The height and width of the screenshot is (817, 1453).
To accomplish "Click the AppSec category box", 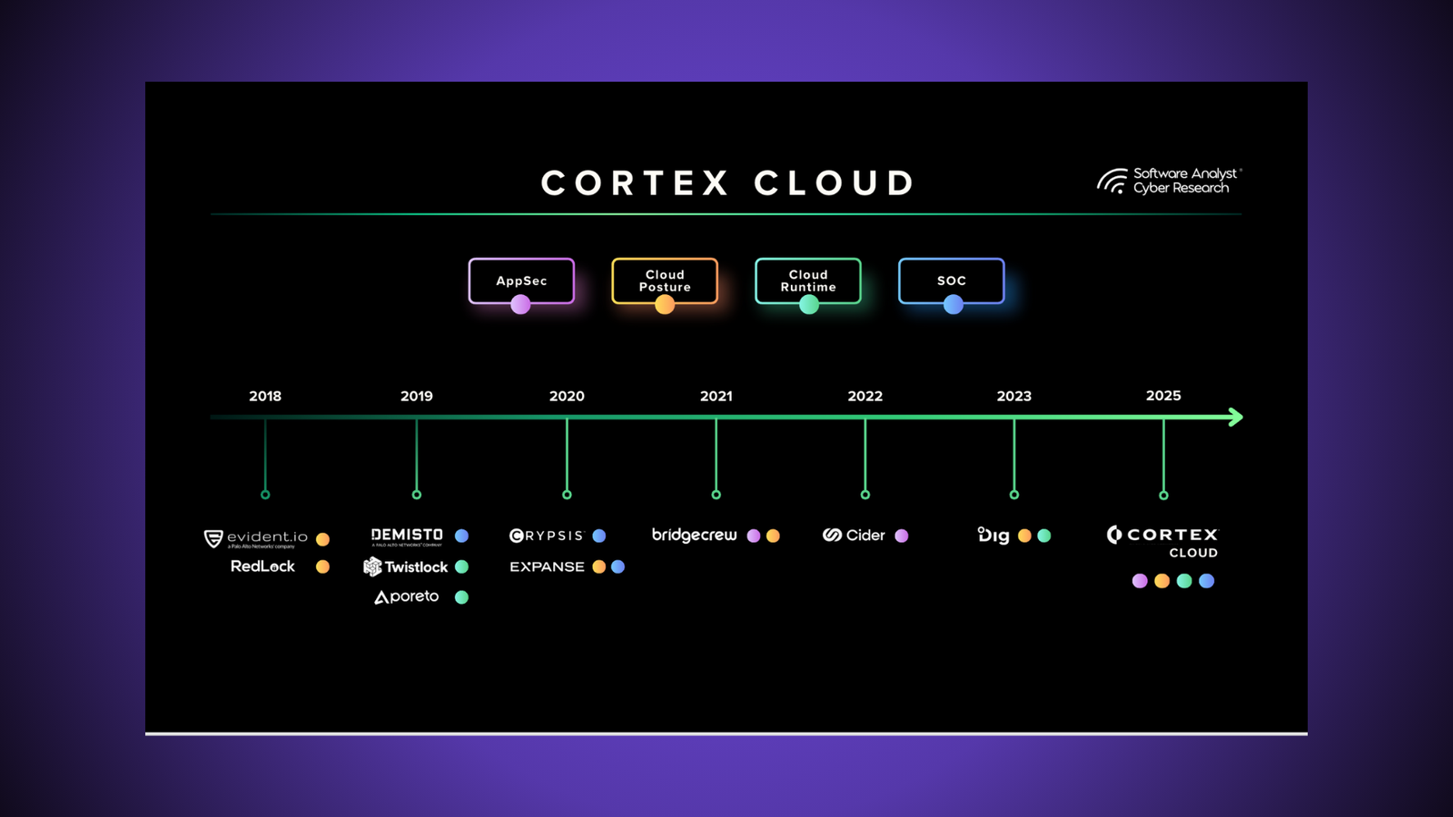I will pyautogui.click(x=521, y=281).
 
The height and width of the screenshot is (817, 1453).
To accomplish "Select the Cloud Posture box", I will pyautogui.click(x=665, y=281).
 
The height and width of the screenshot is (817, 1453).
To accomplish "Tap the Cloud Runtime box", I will pyautogui.click(x=808, y=281).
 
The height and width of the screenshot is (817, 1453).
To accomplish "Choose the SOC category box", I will pyautogui.click(x=951, y=281).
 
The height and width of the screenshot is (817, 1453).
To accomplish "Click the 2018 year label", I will pyautogui.click(x=265, y=396).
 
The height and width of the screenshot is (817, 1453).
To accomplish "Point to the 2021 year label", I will pyautogui.click(x=716, y=396).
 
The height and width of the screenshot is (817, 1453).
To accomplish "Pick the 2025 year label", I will pyautogui.click(x=1163, y=396).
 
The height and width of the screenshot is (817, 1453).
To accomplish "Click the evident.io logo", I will pyautogui.click(x=256, y=538).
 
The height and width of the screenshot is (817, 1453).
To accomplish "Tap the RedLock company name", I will pyautogui.click(x=262, y=566).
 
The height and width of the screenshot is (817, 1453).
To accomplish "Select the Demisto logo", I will pyautogui.click(x=407, y=536).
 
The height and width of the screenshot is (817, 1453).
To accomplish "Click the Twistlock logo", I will pyautogui.click(x=406, y=566).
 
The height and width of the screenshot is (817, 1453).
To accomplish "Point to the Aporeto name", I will pyautogui.click(x=407, y=596).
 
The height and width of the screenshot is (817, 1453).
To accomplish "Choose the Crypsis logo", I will pyautogui.click(x=547, y=536).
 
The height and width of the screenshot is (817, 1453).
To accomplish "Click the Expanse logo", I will pyautogui.click(x=547, y=566).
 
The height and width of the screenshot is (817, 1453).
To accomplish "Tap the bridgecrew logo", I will pyautogui.click(x=694, y=536).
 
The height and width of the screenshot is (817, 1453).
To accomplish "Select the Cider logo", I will pyautogui.click(x=854, y=536).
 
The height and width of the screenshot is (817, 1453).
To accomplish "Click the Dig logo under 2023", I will pyautogui.click(x=993, y=536).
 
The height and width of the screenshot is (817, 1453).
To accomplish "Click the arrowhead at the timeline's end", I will pyautogui.click(x=1235, y=417).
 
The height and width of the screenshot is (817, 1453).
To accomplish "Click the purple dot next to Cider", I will pyautogui.click(x=902, y=536).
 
